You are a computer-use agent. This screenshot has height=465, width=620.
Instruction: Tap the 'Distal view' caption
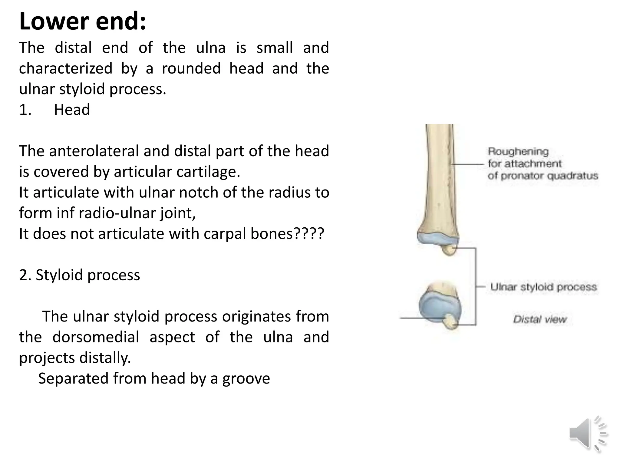539,319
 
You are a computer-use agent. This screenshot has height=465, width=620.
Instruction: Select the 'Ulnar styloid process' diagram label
543,287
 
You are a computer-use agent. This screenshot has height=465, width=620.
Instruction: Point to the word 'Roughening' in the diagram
518,151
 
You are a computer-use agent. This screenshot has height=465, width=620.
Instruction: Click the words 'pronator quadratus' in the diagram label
549,176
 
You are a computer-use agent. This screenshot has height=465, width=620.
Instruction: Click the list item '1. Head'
54,109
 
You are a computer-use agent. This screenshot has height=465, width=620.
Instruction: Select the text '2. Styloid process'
79,275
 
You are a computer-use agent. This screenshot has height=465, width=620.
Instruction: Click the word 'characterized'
65,68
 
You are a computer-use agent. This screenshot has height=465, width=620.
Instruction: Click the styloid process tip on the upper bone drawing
449,250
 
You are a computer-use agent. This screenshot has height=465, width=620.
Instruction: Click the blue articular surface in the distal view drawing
436,306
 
